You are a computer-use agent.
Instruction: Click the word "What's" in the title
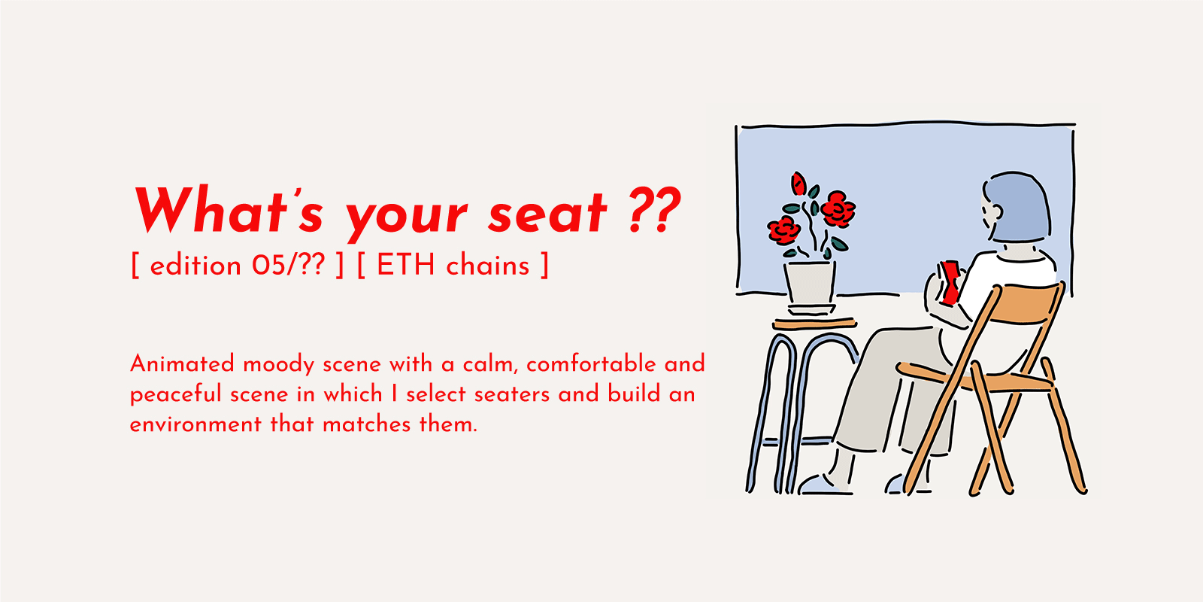coord(229,211)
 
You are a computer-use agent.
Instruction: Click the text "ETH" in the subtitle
coord(405,266)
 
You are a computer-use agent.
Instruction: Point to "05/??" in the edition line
coord(289,266)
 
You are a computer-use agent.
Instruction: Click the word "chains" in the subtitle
coord(488,266)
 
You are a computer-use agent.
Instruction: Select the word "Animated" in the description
coord(182,364)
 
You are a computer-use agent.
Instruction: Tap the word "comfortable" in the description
coord(591,364)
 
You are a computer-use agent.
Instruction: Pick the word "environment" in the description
coord(195,424)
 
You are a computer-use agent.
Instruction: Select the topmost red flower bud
coord(798,184)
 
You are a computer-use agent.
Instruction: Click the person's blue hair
coord(1019,208)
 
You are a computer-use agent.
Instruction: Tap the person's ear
coord(993,211)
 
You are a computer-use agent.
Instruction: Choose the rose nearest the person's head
coord(838,208)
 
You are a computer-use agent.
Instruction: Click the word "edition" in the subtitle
coord(195,266)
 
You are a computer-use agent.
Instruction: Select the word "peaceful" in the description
coord(176,395)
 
